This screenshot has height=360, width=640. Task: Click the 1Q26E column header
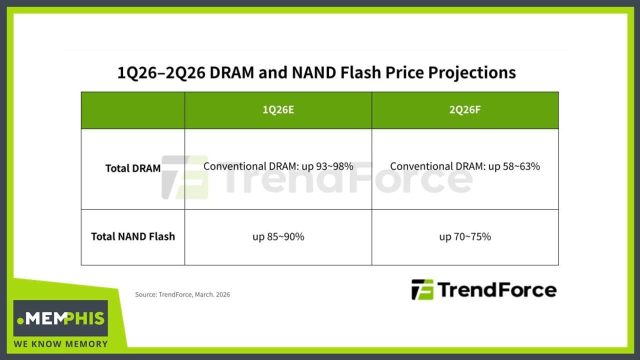tap(278, 110)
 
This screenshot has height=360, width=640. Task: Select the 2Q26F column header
tap(465, 110)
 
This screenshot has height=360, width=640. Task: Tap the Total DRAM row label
tap(133, 168)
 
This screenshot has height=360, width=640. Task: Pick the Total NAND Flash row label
tap(133, 236)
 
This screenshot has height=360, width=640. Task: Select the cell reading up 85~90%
tap(278, 236)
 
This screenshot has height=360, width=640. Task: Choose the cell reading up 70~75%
tap(465, 236)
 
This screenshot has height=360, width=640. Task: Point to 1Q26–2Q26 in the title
tap(161, 73)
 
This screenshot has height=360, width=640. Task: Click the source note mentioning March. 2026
tap(182, 294)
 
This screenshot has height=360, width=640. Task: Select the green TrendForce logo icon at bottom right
tap(422, 290)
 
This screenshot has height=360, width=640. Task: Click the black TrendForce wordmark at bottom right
tap(496, 290)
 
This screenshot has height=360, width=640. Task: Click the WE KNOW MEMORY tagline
tap(60, 344)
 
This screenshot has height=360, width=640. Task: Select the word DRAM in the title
tap(230, 73)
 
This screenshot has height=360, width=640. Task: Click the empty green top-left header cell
tap(133, 110)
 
